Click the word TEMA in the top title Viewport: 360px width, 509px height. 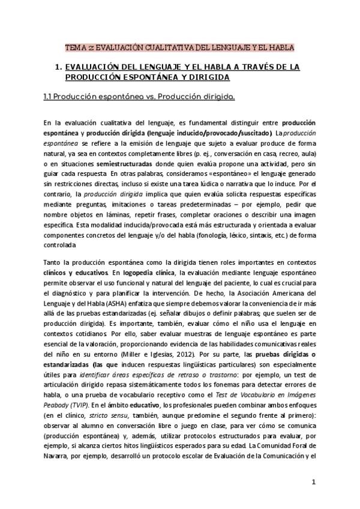pos(74,47)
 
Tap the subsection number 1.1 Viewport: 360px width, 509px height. pos(50,96)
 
